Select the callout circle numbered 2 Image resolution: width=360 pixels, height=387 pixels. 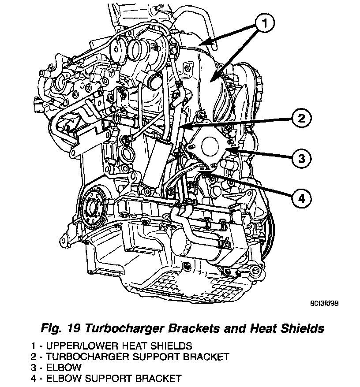tap(300, 118)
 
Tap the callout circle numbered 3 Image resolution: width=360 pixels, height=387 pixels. tap(300, 158)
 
